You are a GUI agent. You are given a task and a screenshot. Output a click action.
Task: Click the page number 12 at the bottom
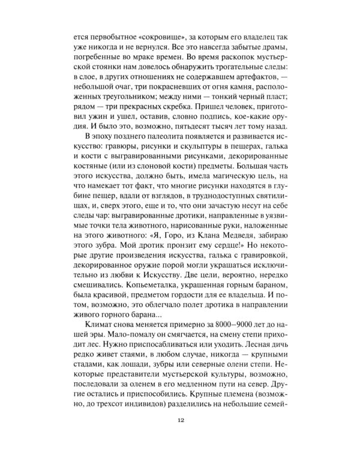(180, 419)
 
